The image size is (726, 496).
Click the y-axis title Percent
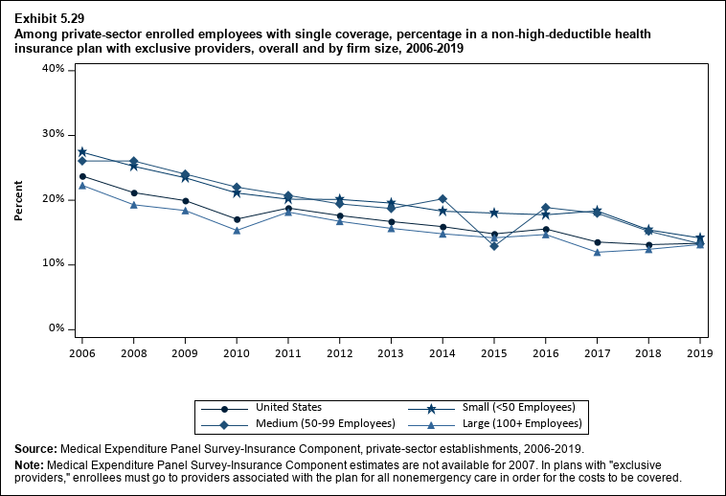point(18,199)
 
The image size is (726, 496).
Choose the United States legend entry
point(287,408)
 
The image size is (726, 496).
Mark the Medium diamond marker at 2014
point(442,199)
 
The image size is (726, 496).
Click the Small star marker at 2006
point(82,152)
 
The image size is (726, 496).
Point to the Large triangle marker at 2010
point(237,230)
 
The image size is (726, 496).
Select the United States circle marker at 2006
point(82,176)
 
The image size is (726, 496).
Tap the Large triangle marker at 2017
point(597,252)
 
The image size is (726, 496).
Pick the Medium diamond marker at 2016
point(546,208)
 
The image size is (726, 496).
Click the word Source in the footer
point(35,448)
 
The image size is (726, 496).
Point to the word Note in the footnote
point(31,464)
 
